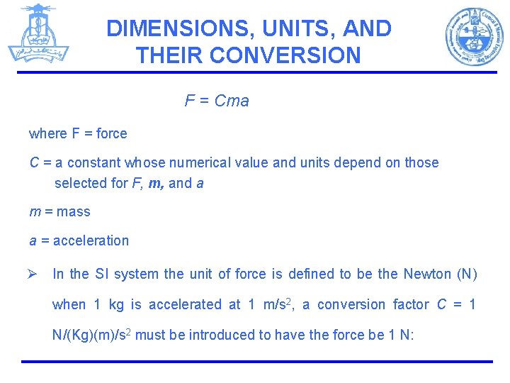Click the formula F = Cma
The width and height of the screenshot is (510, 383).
point(217,101)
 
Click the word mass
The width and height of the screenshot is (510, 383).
point(74,211)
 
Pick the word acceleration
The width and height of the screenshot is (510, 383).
point(91,240)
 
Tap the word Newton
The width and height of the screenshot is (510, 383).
point(427,274)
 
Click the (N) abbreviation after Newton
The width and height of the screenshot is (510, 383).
point(468,274)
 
